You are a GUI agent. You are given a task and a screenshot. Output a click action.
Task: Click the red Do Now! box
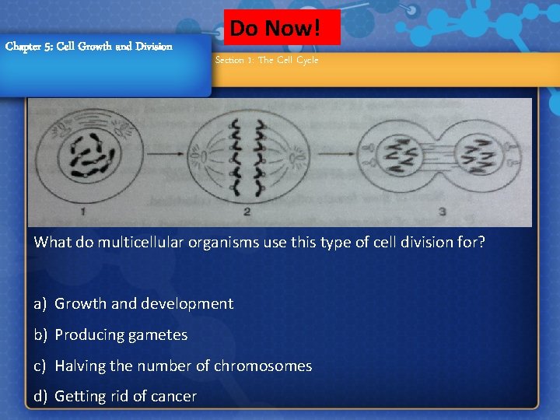282,28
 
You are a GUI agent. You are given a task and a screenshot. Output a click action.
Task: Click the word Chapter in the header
20,46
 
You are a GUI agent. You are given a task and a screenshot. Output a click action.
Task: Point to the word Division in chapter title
153,46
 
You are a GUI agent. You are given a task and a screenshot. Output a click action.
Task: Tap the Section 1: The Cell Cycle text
267,60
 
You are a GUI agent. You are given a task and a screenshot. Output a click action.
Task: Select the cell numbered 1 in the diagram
84,155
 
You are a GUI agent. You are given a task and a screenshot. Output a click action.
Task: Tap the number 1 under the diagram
83,209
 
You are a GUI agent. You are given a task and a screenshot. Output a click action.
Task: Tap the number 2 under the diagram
247,210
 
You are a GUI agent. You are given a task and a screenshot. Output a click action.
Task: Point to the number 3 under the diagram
443,210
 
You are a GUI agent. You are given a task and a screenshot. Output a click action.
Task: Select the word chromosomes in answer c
263,366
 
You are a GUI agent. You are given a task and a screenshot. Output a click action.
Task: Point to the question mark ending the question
481,242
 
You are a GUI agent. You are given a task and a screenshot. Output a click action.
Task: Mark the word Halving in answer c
79,366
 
